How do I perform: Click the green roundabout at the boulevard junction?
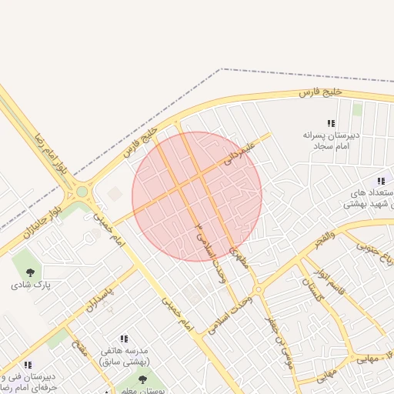coord(82,191)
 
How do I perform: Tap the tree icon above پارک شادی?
coord(30,272)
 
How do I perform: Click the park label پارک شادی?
coord(30,285)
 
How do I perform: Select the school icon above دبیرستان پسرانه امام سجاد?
coord(331,123)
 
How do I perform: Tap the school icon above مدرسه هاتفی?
coord(123,339)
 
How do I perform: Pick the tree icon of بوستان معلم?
coord(142,379)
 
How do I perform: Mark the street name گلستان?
coord(309,286)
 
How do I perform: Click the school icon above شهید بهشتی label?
coord(381,180)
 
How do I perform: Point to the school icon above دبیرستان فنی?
coord(28,365)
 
